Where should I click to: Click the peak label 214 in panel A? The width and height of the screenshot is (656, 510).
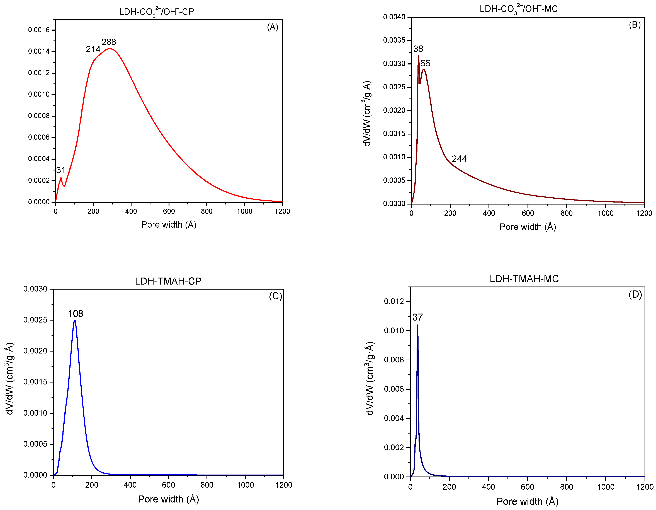click(x=93, y=49)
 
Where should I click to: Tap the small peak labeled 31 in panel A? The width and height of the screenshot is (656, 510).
click(x=61, y=178)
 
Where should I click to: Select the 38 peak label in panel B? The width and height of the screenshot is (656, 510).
click(x=418, y=49)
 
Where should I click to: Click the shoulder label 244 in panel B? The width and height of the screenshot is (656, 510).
click(x=459, y=159)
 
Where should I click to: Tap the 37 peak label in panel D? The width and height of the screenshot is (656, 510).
click(x=417, y=317)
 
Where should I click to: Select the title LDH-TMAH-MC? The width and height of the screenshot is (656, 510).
click(x=524, y=279)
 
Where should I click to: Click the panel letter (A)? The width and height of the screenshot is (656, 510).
click(x=272, y=27)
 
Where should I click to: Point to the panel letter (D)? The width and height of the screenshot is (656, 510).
click(x=635, y=294)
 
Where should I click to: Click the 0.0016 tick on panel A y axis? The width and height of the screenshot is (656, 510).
click(x=39, y=30)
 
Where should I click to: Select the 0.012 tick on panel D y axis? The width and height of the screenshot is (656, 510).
click(x=394, y=301)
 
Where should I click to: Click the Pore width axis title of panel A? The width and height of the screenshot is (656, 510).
click(x=169, y=225)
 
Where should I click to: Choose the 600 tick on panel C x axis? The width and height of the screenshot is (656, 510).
click(x=169, y=485)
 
